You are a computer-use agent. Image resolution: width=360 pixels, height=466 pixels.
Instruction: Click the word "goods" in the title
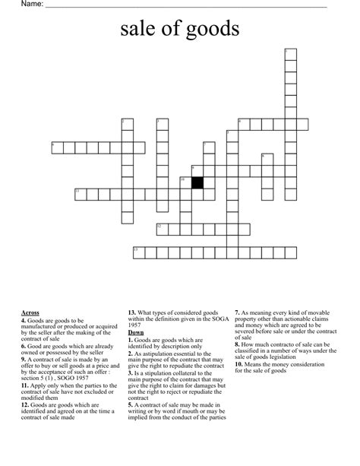tap(213, 30)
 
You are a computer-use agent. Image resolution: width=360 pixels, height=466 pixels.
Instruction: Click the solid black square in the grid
tap(197, 182)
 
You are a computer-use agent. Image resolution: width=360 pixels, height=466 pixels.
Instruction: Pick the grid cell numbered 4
tap(57, 147)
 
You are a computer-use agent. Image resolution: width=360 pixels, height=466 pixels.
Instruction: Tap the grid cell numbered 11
tap(80, 194)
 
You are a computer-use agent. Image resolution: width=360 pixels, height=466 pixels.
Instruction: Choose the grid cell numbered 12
tap(162, 229)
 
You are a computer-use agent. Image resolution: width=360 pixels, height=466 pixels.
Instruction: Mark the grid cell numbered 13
tap(138, 252)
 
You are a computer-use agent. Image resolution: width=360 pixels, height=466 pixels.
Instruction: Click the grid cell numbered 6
tap(243, 123)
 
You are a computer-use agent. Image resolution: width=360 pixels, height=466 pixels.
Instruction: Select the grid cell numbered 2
tap(127, 123)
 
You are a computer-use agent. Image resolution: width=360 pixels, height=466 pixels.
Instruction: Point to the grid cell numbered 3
tap(162, 123)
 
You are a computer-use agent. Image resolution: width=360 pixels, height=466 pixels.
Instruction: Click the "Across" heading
tap(31, 312)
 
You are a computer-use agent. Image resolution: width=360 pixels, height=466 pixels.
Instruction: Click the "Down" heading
tap(136, 332)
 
